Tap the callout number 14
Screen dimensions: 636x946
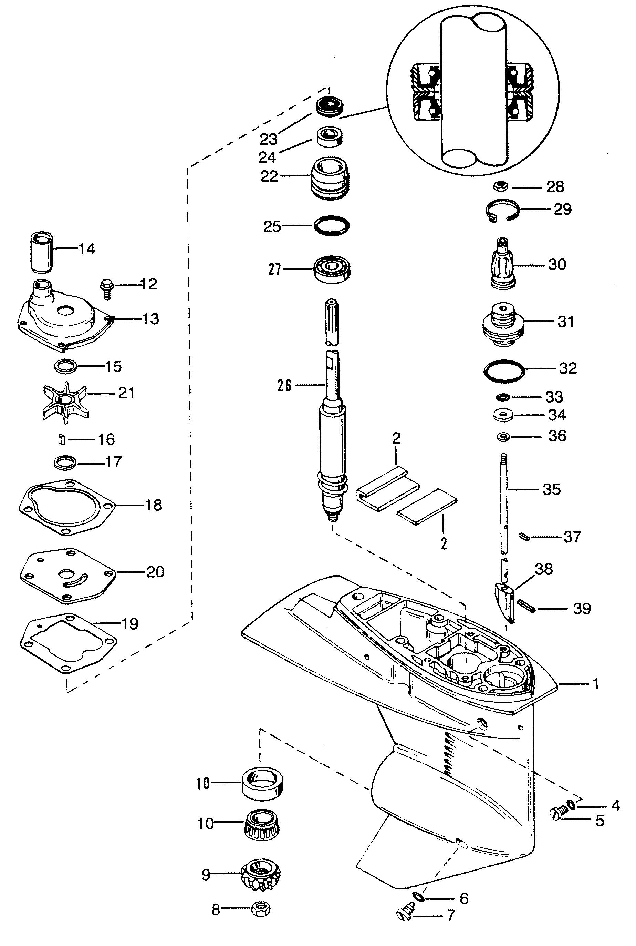point(86,248)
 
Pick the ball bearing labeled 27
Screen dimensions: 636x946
point(332,269)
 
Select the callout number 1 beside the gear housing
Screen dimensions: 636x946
point(595,684)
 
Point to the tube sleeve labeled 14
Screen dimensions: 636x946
point(42,252)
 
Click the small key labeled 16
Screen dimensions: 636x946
point(62,439)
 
